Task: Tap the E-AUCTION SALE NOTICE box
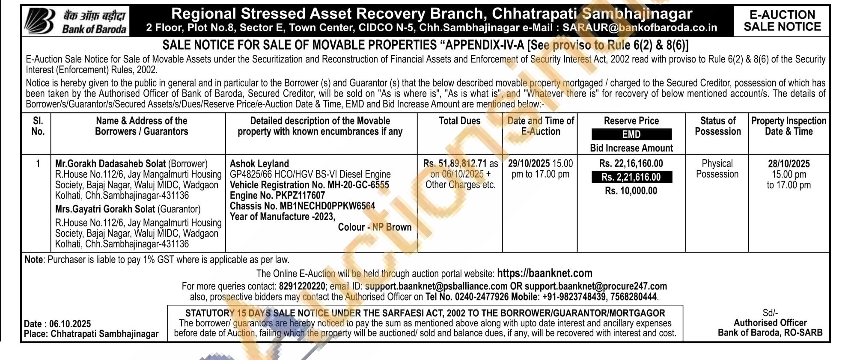point(782,21)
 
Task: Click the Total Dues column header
point(459,121)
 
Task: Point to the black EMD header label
point(631,134)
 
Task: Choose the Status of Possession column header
point(717,126)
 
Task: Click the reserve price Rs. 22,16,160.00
point(631,164)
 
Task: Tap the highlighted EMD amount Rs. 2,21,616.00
point(631,177)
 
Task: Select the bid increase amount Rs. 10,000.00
point(631,191)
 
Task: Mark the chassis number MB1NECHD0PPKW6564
point(327,206)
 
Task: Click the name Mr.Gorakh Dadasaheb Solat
point(110,164)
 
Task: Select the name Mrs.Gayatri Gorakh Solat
point(105,209)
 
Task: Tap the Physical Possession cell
point(717,169)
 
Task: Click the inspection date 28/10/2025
point(789,164)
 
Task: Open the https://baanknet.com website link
point(545,273)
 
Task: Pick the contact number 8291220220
point(302,286)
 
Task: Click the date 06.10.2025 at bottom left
point(70,324)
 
